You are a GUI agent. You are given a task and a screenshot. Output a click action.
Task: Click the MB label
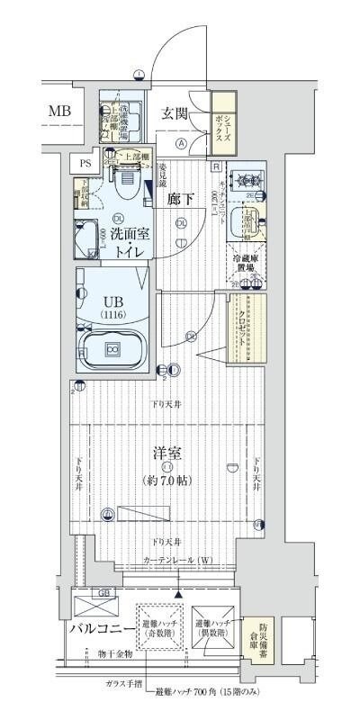point(59,112)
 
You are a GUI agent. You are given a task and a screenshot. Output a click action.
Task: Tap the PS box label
point(85,163)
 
